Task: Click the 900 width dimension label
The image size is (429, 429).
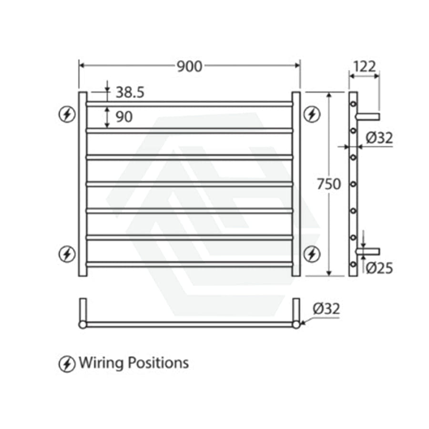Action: [x=189, y=66]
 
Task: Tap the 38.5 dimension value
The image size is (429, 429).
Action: [x=130, y=92]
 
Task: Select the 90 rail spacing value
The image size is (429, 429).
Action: [x=124, y=117]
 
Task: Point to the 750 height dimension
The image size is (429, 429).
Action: [x=329, y=184]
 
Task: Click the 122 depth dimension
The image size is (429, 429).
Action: [x=365, y=66]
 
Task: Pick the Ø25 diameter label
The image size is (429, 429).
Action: [x=379, y=268]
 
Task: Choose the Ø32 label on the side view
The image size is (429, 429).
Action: [x=379, y=138]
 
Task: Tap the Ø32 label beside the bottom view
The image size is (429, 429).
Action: [x=326, y=308]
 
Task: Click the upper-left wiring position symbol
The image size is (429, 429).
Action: [x=67, y=114]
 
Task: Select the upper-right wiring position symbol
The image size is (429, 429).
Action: [x=312, y=114]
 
